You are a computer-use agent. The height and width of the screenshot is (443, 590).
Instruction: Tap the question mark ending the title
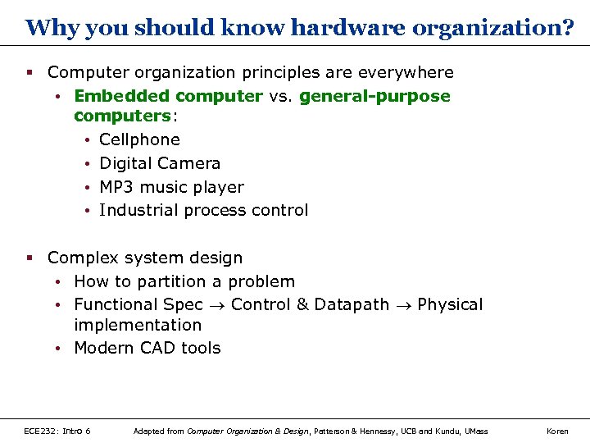(568, 28)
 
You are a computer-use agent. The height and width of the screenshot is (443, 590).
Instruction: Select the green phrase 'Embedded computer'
(168, 96)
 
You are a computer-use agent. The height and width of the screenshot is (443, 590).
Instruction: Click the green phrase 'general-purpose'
(374, 96)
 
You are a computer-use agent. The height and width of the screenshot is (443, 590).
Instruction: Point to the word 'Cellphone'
(139, 139)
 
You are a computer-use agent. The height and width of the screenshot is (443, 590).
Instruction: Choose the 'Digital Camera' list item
(159, 163)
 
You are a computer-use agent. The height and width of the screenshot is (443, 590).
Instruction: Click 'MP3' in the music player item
(116, 187)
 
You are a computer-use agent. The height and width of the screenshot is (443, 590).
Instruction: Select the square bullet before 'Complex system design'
(29, 258)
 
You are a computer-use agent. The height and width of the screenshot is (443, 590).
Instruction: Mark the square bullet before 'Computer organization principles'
(29, 72)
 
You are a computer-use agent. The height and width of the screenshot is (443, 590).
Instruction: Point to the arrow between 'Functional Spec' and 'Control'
(216, 305)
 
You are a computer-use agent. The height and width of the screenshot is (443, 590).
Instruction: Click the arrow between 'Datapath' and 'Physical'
(403, 305)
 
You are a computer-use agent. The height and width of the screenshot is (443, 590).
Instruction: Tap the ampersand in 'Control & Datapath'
(302, 304)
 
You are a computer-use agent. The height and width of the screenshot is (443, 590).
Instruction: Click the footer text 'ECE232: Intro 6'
(57, 431)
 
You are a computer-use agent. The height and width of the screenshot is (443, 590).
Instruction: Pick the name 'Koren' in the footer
(557, 431)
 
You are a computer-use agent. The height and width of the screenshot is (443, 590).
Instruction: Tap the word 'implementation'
(137, 325)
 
